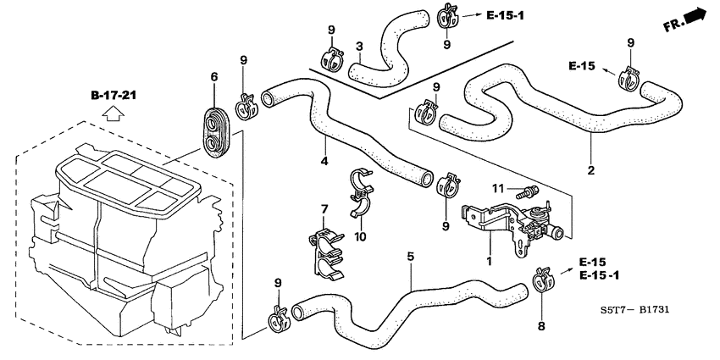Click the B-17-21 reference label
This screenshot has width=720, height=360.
(x=114, y=95)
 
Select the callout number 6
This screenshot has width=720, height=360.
(x=214, y=77)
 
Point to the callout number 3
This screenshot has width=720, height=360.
(x=359, y=45)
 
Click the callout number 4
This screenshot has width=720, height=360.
(x=324, y=161)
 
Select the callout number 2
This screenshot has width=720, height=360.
(x=591, y=169)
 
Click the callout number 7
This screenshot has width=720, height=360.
(x=324, y=209)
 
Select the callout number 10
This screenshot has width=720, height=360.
(x=360, y=236)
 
